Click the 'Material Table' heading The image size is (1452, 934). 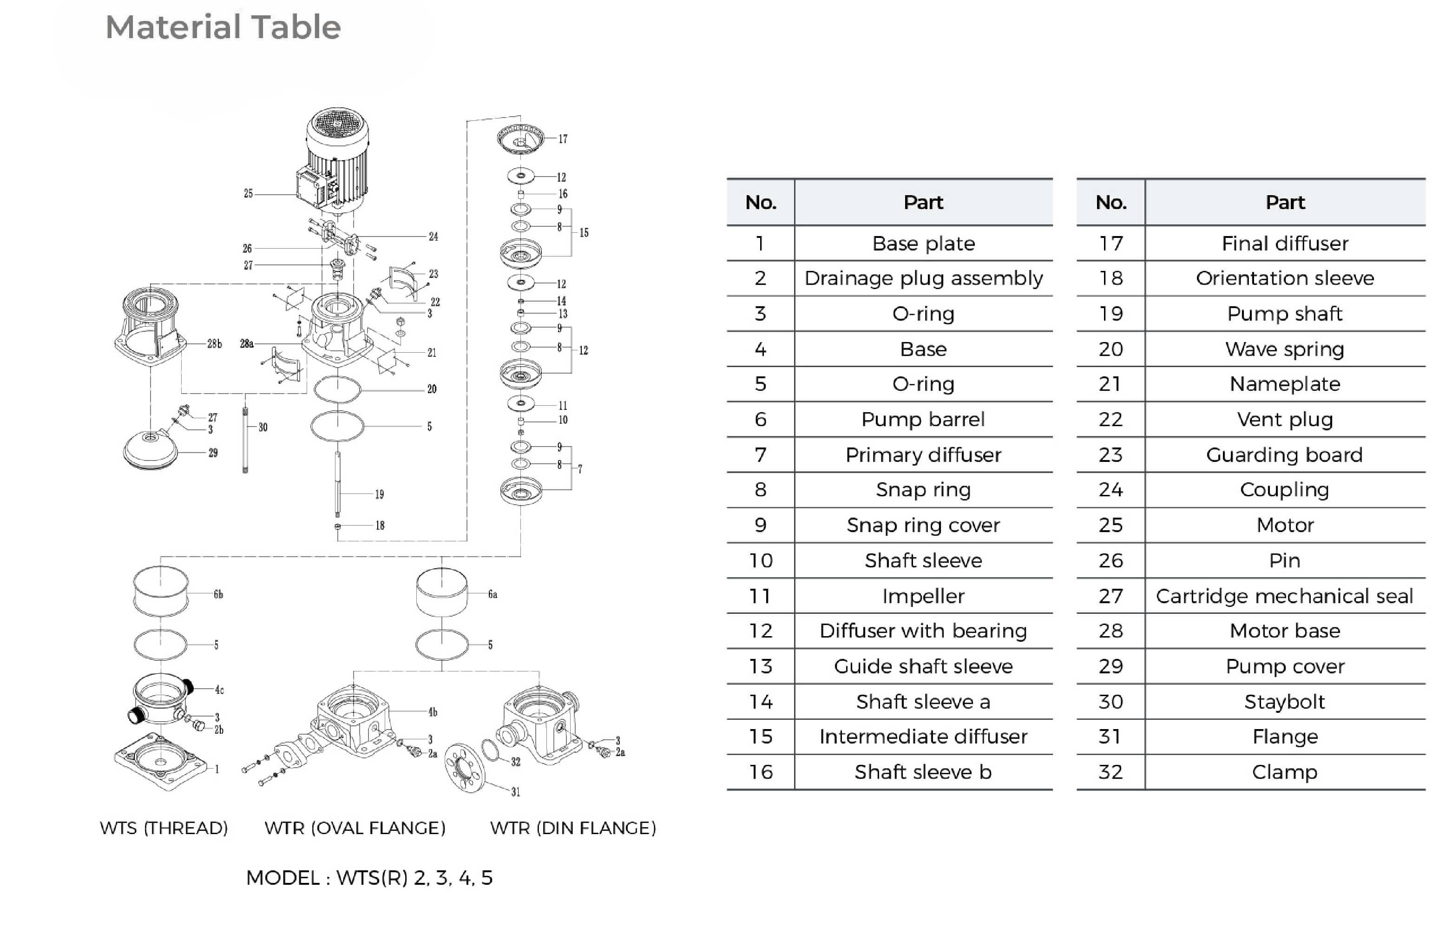pos(223,27)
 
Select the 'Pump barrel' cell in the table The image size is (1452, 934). pos(923,419)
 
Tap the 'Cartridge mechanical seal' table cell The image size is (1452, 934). pos(1284,596)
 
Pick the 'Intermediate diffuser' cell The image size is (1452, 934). pos(923,737)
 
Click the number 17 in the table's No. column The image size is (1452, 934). pos(1110,243)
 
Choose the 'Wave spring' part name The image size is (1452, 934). pos(1284,349)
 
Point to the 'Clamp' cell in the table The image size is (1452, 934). pos(1284,771)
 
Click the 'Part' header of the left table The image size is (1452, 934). pos(923,202)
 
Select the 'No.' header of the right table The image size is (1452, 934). pos(1110,202)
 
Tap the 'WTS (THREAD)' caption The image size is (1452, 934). pos(164,828)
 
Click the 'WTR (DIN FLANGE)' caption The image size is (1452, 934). pos(573,828)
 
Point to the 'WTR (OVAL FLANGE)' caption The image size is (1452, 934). pos(355,828)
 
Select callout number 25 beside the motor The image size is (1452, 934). pos(248,193)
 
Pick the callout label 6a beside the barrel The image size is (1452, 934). pos(492,594)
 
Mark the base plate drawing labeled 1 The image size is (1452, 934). pos(161,761)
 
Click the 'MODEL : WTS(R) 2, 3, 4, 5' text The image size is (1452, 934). pos(369,878)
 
